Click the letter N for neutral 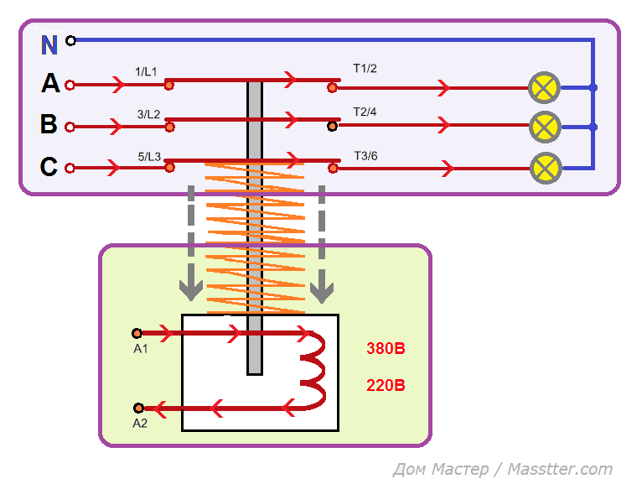coord(49,44)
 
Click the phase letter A coord(50,84)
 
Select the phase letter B coord(49,125)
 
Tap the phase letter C coord(49,167)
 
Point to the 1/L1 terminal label coord(147,72)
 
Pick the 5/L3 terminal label coord(148,155)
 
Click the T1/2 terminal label coord(365,69)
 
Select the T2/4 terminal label coord(365,112)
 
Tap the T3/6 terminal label coord(365,155)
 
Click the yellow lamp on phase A coord(545,87)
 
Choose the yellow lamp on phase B coord(545,128)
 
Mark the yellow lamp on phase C coord(545,168)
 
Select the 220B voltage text coord(386,386)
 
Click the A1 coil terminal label coord(140,349)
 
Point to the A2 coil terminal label coord(140,424)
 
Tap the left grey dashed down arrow coord(191,243)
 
